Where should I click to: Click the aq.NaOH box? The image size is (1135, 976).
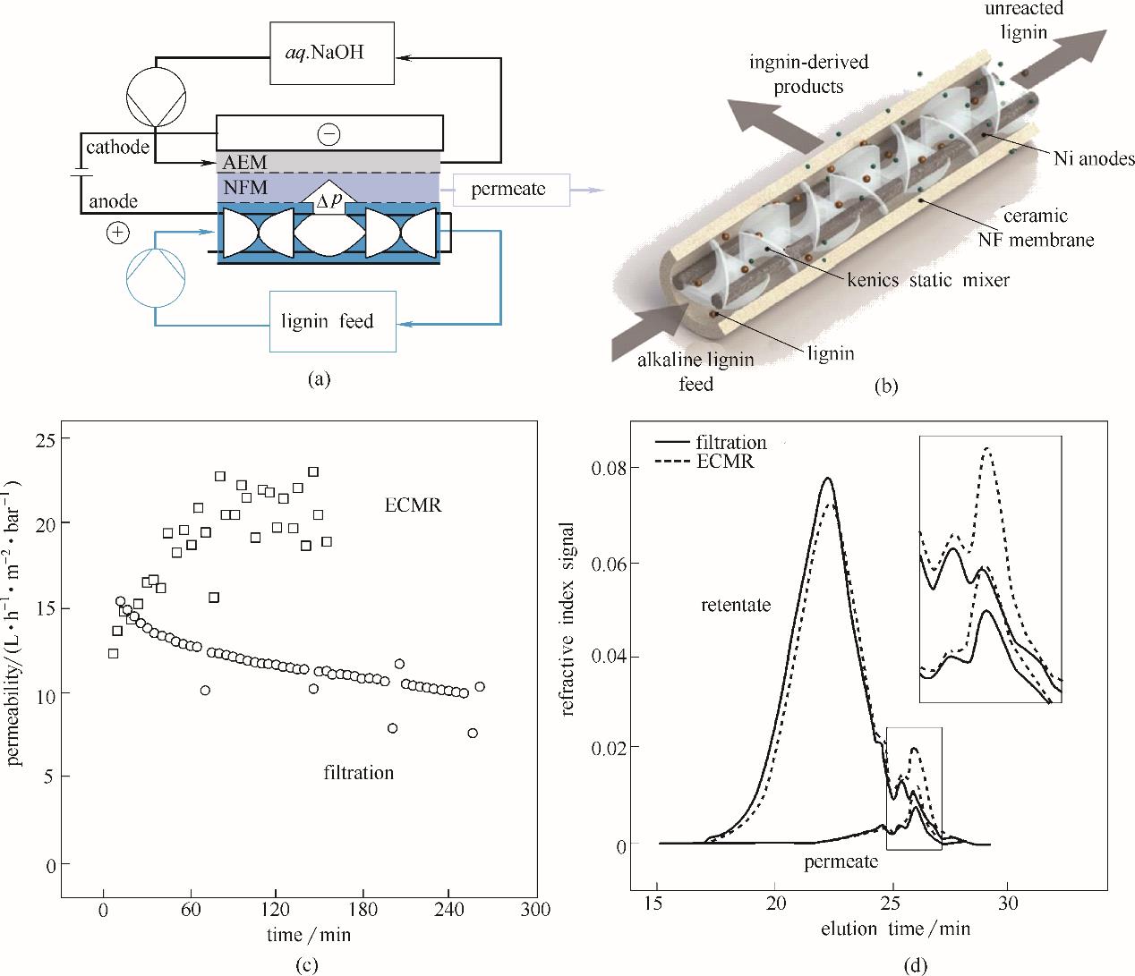[332, 55]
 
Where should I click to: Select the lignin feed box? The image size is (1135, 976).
[332, 321]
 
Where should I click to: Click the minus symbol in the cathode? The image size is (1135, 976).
[329, 134]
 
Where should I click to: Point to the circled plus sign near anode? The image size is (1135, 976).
[117, 233]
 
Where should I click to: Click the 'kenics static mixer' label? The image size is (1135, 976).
[927, 281]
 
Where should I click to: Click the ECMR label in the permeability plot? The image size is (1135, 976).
[414, 506]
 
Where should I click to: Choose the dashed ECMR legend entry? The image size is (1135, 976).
[708, 462]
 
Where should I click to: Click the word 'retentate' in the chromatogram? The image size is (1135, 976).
[736, 606]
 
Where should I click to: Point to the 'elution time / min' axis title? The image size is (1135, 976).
[895, 929]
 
